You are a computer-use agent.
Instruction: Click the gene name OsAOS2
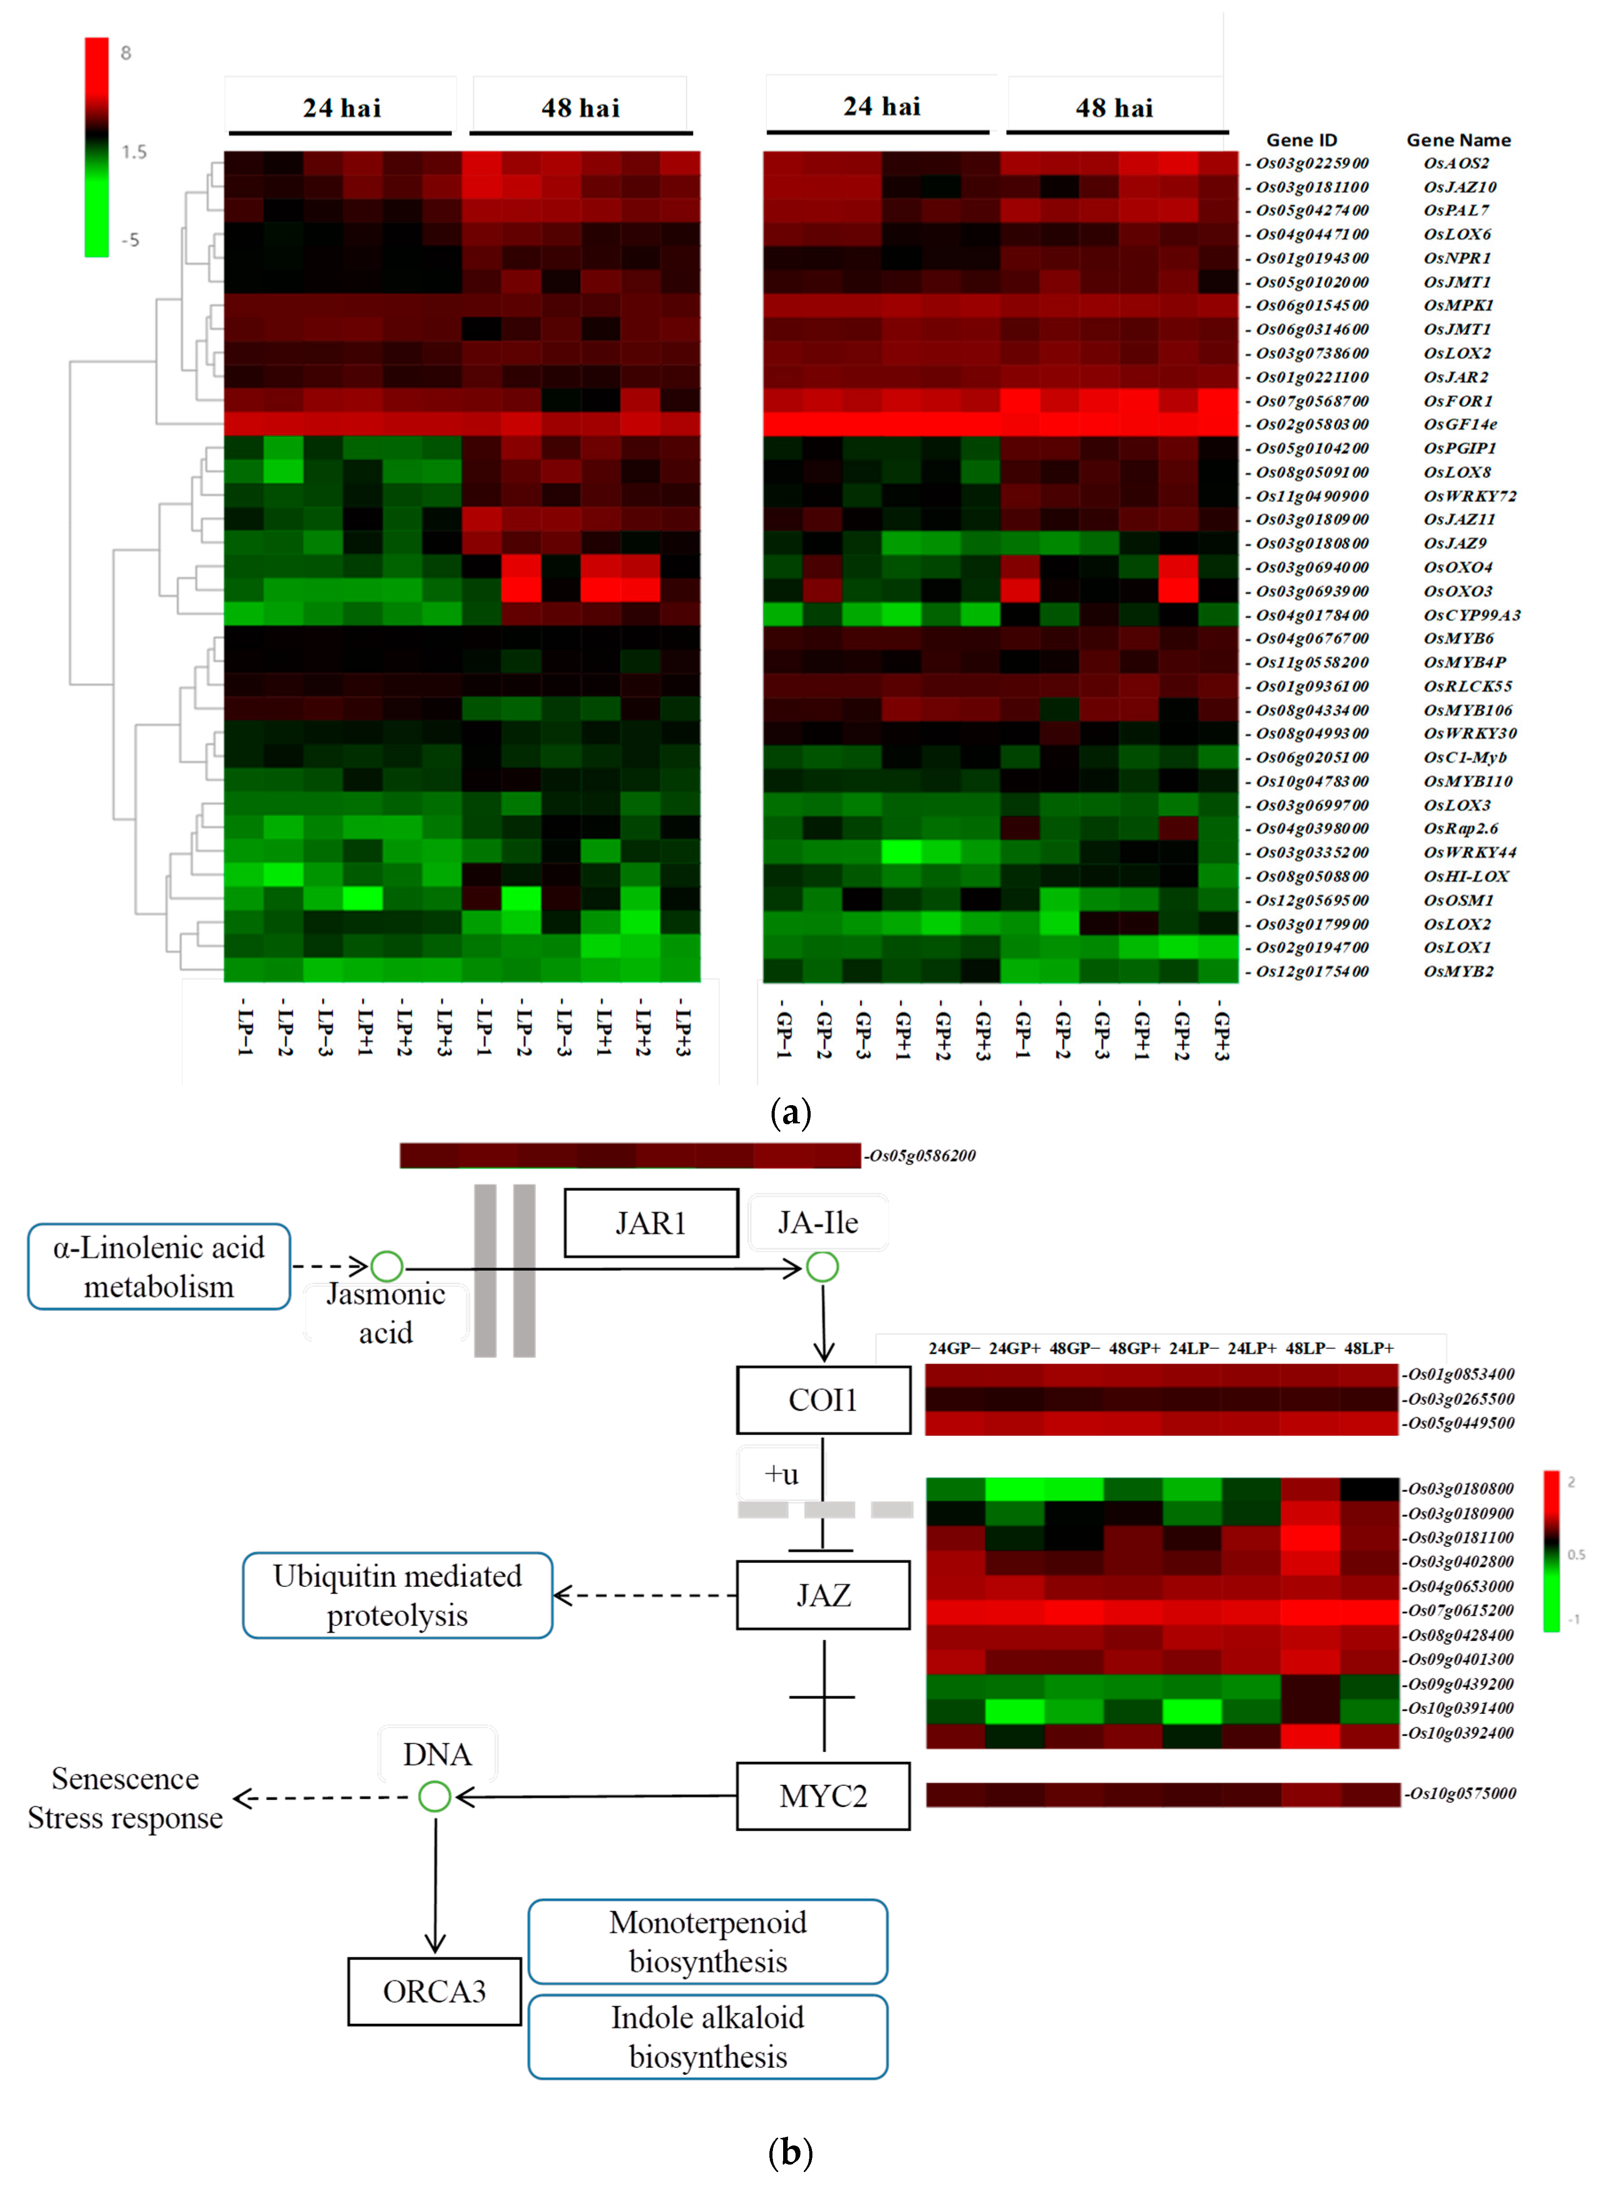click(x=1456, y=163)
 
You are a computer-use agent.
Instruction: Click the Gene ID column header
click(x=1301, y=139)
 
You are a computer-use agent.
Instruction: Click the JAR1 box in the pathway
click(x=651, y=1223)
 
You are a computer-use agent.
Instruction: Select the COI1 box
click(x=823, y=1399)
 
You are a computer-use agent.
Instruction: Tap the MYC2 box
click(x=823, y=1796)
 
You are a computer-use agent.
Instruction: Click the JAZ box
click(x=823, y=1595)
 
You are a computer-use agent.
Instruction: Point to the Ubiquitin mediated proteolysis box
click(x=397, y=1595)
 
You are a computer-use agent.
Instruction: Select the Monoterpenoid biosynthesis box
click(x=708, y=1941)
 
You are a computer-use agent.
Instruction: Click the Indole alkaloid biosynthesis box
click(x=708, y=2036)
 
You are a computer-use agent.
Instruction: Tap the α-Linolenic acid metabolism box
click(x=159, y=1266)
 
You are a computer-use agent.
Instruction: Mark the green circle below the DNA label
click(x=435, y=1796)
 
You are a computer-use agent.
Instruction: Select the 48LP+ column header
click(x=1368, y=1348)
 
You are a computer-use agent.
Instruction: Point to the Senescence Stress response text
click(x=125, y=1797)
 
